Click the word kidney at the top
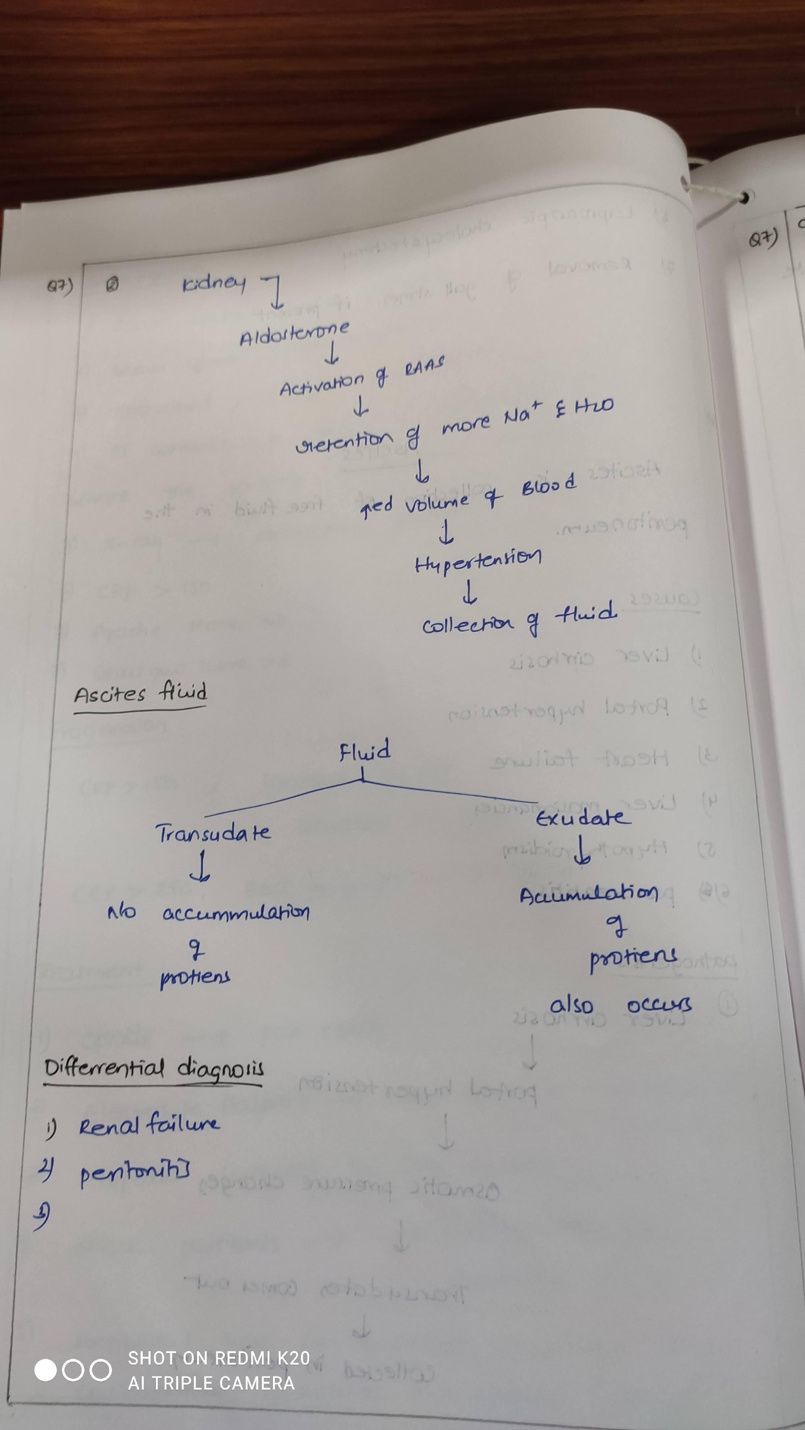(x=214, y=283)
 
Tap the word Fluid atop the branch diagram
(x=365, y=751)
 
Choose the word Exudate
(x=582, y=818)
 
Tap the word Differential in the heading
(x=104, y=1067)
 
